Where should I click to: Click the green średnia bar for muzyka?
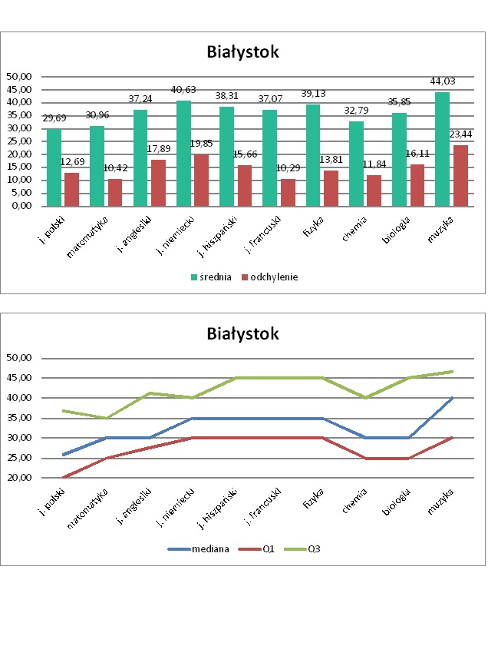click(442, 149)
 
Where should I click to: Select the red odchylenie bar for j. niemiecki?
click(201, 181)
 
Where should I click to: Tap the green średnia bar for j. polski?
click(54, 167)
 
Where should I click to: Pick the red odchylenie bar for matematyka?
click(114, 193)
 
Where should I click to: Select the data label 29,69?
click(53, 118)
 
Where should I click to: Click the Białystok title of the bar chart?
click(242, 52)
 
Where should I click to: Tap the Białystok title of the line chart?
click(242, 334)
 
